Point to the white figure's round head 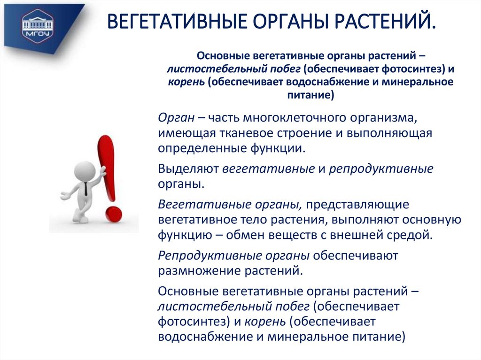[85, 170]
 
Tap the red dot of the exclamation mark [113, 214]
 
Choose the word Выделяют [188, 168]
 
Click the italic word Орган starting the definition [173, 117]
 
